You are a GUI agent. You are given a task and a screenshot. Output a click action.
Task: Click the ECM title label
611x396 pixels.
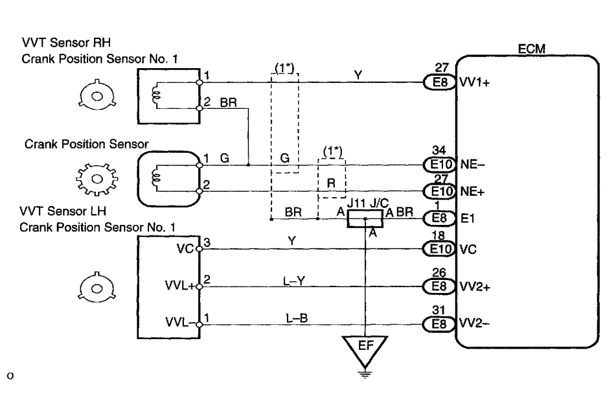tap(532, 49)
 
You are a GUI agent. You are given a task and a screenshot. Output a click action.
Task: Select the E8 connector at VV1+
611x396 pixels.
tap(439, 82)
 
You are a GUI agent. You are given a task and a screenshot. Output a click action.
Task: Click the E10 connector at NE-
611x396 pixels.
tap(439, 164)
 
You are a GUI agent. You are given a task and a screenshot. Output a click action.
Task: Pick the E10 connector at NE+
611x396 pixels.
tap(439, 191)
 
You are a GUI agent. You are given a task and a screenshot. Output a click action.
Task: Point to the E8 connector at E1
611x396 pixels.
tap(439, 218)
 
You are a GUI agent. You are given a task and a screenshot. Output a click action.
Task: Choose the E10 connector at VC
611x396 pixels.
tap(439, 249)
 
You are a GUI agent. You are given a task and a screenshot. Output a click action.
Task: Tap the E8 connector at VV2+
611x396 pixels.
tap(439, 286)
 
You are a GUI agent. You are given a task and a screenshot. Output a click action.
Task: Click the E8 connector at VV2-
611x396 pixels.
tap(439, 324)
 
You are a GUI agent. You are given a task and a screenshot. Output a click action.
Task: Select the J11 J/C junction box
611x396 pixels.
tap(365, 218)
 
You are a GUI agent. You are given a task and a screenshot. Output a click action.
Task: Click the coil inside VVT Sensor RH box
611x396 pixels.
tap(157, 95)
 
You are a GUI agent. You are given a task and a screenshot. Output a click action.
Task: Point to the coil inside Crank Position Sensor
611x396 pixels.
tap(157, 178)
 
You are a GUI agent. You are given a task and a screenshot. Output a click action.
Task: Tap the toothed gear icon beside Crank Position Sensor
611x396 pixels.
tap(96, 179)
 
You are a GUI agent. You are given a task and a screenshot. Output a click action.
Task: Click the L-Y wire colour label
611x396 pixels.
tap(294, 281)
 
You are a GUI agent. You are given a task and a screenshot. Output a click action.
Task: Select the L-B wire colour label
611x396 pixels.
tap(296, 318)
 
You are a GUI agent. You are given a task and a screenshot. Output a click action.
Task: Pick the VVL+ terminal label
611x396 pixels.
tap(180, 285)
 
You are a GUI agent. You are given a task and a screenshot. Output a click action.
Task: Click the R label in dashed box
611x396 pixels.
tap(331, 183)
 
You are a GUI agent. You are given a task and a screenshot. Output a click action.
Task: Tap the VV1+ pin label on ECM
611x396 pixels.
tap(474, 83)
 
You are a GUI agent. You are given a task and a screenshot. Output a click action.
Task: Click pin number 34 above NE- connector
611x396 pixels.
tap(439, 150)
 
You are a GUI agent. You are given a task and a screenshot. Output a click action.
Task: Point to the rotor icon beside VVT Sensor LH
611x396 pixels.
tap(96, 288)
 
